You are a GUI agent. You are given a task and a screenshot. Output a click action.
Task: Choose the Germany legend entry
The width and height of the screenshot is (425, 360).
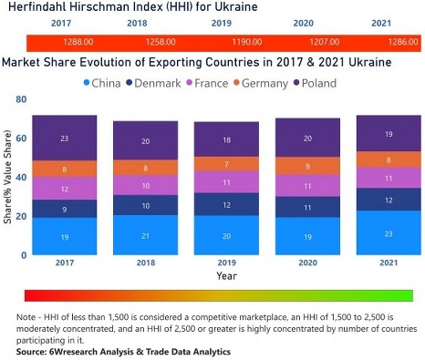click(278, 83)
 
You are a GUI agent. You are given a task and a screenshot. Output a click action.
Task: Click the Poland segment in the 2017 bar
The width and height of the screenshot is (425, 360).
click(64, 139)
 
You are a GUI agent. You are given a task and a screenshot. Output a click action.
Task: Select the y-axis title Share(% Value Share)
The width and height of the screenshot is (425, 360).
click(8, 180)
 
